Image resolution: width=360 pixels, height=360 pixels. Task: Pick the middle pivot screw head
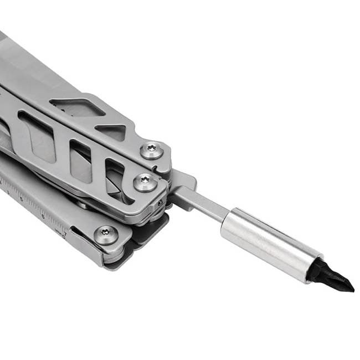click(x=145, y=182)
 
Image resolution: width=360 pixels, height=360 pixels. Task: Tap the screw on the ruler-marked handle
click(x=106, y=235)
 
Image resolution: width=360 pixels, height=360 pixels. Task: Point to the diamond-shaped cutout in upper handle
click(x=78, y=107)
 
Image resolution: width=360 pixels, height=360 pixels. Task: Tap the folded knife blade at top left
click(x=33, y=61)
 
